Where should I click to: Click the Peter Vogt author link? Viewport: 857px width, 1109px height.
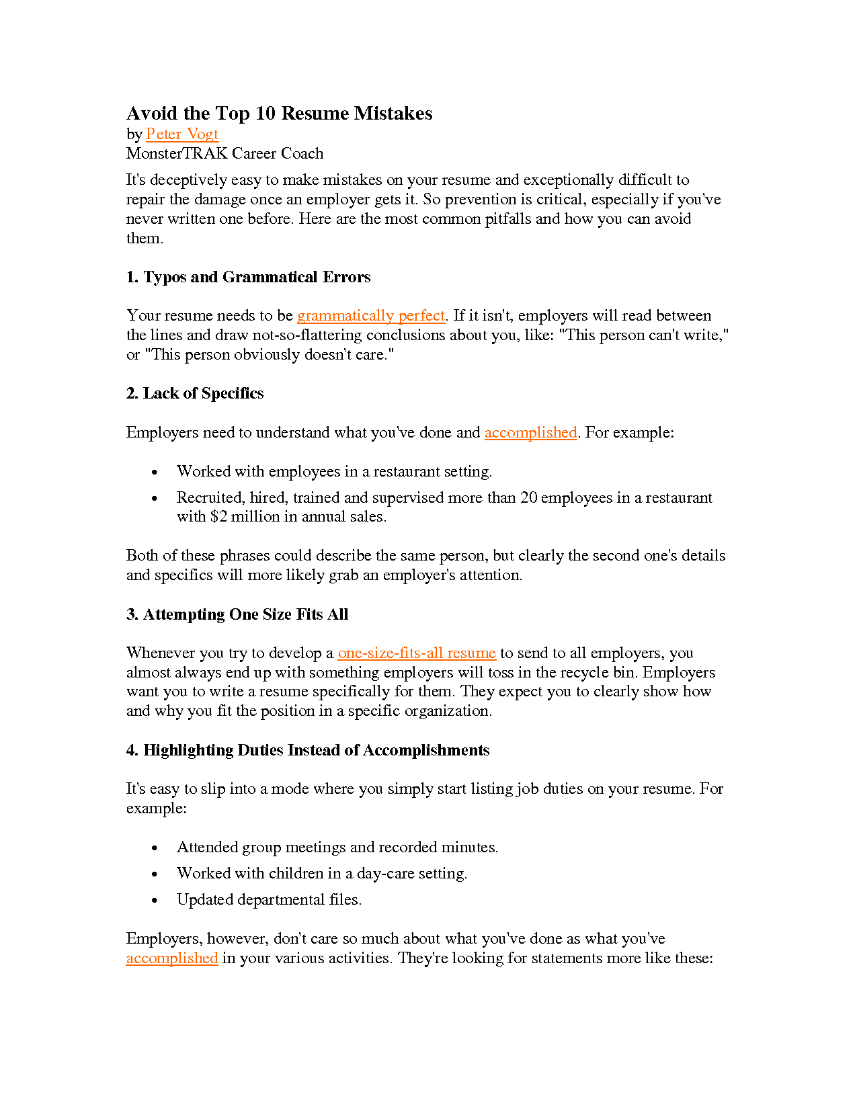[181, 134]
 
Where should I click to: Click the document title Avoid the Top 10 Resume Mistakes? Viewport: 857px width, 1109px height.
[279, 114]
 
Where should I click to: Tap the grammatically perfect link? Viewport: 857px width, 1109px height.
[371, 316]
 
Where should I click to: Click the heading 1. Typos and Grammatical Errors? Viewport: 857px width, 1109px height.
[248, 278]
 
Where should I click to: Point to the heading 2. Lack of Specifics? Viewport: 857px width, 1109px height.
[195, 394]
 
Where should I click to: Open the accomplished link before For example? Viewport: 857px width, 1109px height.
[530, 433]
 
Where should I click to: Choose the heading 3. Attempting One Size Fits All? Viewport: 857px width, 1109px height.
[237, 615]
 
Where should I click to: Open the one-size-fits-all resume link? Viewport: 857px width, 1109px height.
[417, 653]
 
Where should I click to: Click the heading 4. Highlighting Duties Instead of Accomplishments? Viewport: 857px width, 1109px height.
[308, 751]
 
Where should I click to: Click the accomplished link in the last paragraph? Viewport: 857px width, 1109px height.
[172, 958]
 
